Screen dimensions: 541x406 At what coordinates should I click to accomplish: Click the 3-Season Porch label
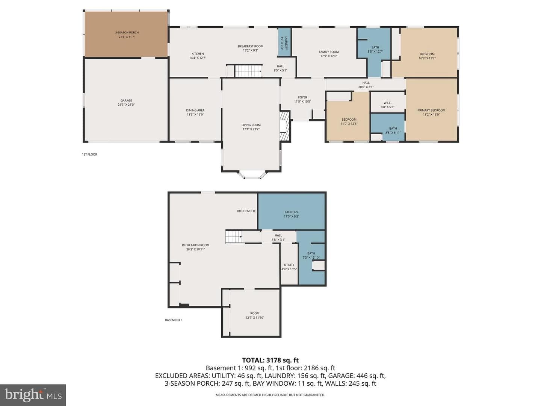(127, 33)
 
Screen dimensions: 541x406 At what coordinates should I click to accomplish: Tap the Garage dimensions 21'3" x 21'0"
(126, 105)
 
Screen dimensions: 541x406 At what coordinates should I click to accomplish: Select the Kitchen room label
(198, 54)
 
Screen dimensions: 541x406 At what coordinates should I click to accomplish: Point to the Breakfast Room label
(251, 46)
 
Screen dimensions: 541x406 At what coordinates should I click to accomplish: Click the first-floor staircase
(248, 71)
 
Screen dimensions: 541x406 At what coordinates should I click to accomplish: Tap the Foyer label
(302, 97)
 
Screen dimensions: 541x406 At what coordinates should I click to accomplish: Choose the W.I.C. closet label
(387, 103)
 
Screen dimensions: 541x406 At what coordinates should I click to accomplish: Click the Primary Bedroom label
(431, 111)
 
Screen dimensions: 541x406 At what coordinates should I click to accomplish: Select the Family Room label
(328, 52)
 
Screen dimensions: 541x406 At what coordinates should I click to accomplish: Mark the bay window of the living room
(252, 174)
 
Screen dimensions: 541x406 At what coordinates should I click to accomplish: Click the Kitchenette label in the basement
(246, 211)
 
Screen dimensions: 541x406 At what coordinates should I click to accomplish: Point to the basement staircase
(234, 237)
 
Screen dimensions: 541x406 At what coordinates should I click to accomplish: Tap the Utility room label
(289, 265)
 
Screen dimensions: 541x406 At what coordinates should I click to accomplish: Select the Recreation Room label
(195, 245)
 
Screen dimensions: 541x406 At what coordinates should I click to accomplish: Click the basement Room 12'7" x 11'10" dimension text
(255, 318)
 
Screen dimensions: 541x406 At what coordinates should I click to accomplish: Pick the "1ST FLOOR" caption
(89, 155)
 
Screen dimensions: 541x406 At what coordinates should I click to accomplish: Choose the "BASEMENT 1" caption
(174, 320)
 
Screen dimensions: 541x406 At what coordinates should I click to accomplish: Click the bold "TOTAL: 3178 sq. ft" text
(270, 361)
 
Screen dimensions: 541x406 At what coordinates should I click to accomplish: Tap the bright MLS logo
(33, 395)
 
